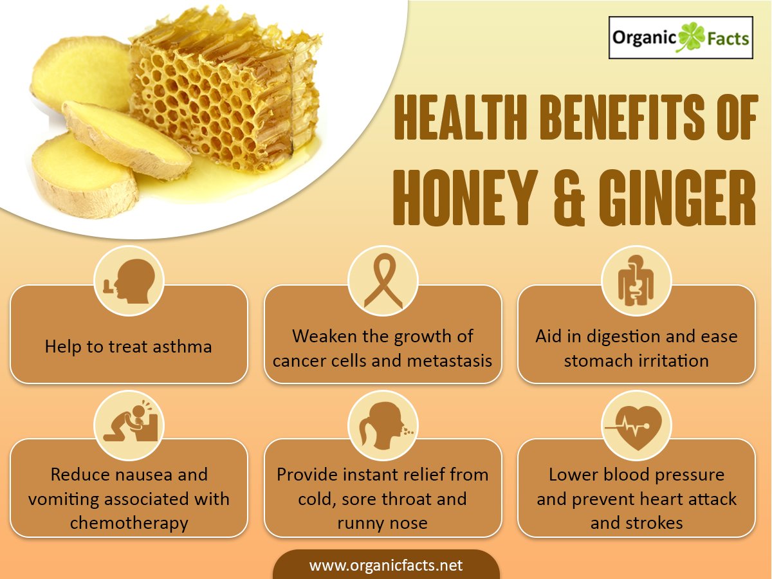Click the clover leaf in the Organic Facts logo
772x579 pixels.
point(691,37)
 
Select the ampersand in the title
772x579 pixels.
point(569,198)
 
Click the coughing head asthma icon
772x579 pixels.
point(129,281)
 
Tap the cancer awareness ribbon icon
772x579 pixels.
point(383,281)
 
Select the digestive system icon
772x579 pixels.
point(636,280)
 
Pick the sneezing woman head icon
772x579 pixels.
point(385,425)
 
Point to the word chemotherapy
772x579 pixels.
point(129,523)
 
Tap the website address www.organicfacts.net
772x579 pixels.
point(386,565)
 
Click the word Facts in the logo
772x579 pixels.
point(728,39)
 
